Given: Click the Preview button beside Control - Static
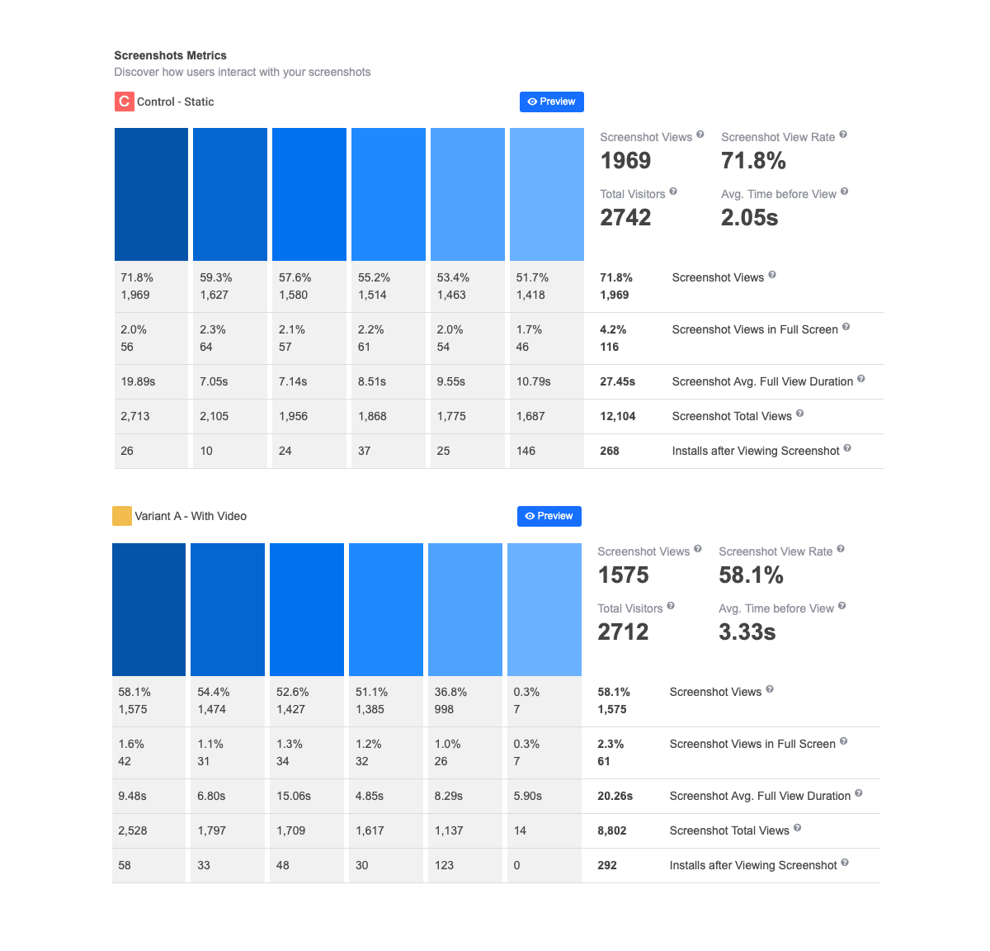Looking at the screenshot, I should click(552, 102).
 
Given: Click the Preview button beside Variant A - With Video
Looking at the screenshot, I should click(549, 516).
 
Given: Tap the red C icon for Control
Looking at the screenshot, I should click(124, 102).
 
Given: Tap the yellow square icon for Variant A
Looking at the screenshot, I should click(122, 516).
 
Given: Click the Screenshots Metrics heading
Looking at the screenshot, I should click(170, 55).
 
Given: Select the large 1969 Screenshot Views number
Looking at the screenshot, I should click(625, 160).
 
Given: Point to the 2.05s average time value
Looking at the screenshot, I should click(749, 217).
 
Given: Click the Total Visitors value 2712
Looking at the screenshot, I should click(623, 632).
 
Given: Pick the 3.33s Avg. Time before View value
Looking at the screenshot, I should click(747, 632).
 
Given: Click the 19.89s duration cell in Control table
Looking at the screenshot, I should click(138, 381).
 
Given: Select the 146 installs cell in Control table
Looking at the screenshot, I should click(526, 451).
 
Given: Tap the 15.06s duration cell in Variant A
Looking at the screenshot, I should click(294, 796).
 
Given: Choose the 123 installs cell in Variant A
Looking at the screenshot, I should click(444, 865).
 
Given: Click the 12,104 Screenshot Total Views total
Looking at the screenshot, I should click(618, 416).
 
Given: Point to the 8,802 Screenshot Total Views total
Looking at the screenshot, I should click(612, 830).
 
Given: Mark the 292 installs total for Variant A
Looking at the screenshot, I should click(607, 865).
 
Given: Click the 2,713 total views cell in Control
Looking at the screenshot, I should click(135, 416).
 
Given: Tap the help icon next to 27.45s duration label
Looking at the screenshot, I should click(861, 379).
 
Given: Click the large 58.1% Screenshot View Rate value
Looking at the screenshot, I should click(751, 575).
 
